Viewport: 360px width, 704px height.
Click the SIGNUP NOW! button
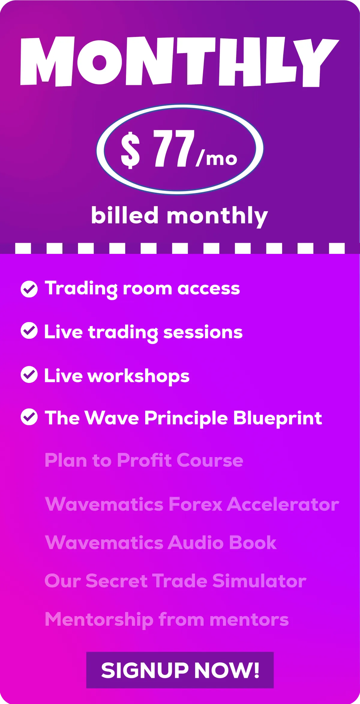(x=180, y=670)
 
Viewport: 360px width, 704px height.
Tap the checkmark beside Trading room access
(x=29, y=289)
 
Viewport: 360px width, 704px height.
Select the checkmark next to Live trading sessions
(x=29, y=331)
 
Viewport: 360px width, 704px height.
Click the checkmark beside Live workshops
(x=29, y=375)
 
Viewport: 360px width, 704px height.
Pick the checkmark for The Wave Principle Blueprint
(x=29, y=417)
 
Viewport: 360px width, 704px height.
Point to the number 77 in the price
(x=174, y=148)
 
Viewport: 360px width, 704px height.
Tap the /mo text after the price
(x=217, y=159)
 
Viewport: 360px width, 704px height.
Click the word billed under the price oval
(x=125, y=215)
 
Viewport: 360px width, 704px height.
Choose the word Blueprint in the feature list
(x=278, y=418)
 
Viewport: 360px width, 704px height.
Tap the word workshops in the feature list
(x=138, y=376)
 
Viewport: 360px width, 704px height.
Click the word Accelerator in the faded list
(x=283, y=504)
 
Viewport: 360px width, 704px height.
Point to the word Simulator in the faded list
(x=259, y=581)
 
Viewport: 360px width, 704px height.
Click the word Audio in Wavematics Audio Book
(x=196, y=543)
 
